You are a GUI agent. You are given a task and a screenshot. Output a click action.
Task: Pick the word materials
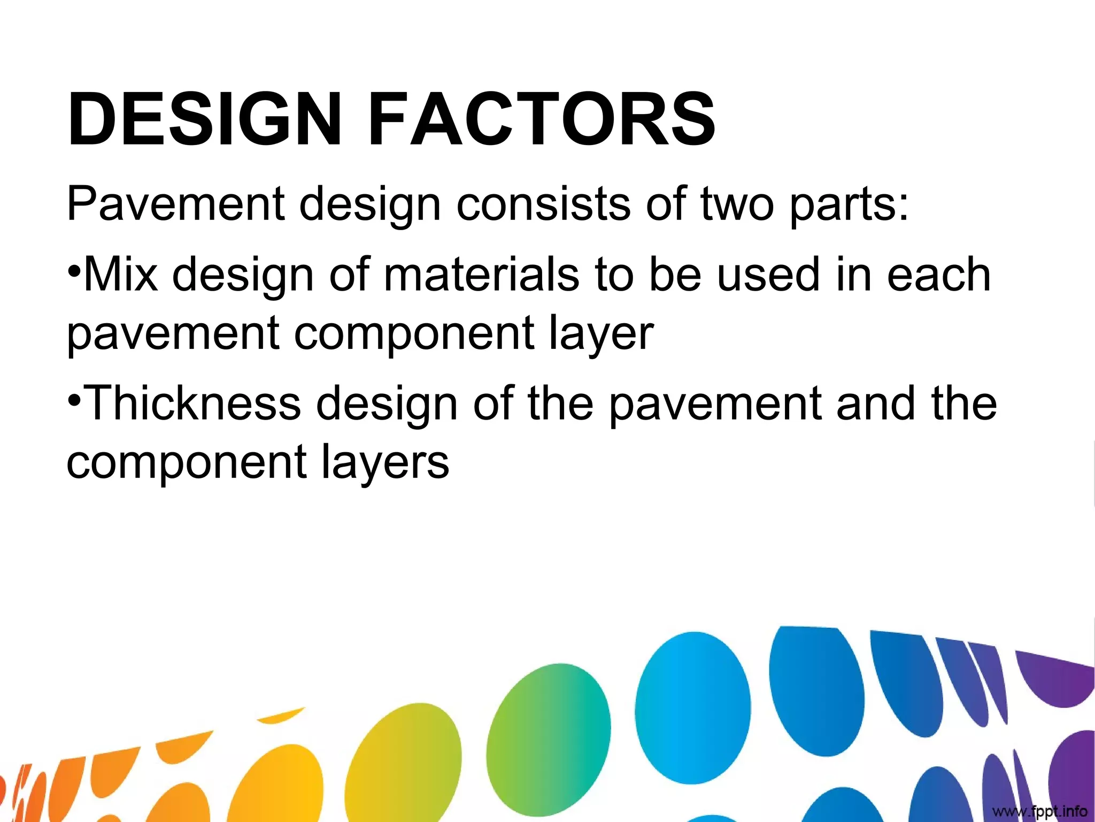481,275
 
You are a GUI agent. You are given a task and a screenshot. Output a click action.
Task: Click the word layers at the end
385,462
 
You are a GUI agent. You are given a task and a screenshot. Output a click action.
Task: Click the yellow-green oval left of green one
404,765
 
